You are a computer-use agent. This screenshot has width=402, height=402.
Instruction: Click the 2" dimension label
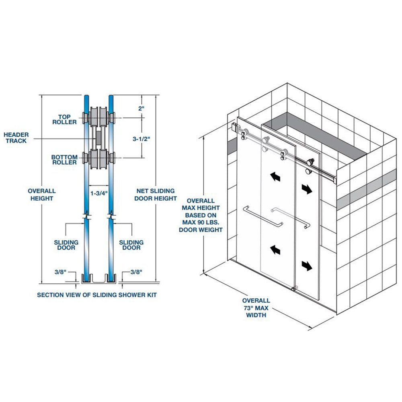(141, 108)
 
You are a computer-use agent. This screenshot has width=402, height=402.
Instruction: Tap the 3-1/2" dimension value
(141, 139)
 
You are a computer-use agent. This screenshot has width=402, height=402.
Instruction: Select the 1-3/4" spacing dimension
(99, 193)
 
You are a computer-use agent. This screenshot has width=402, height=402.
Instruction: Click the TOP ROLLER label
(64, 119)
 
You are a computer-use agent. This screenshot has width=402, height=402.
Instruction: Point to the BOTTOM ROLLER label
(64, 160)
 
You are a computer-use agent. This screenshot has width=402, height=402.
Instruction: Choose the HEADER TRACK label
(16, 137)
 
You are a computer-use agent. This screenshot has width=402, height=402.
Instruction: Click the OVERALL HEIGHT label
(42, 195)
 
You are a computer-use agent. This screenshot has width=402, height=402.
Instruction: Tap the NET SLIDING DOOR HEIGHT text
(156, 195)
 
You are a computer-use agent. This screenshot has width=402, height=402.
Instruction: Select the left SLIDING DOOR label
(66, 245)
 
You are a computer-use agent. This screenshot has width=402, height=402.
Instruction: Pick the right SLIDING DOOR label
(131, 245)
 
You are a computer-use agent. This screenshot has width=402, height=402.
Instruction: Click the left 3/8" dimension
(61, 272)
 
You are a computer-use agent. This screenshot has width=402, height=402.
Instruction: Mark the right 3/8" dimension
(136, 272)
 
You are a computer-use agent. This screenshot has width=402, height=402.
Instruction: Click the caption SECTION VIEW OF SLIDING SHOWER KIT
(96, 295)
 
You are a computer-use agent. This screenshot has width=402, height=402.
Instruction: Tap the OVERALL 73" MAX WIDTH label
(256, 308)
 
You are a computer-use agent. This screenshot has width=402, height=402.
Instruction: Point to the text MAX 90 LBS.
(201, 222)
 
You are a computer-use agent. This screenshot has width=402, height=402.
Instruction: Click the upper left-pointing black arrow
(275, 176)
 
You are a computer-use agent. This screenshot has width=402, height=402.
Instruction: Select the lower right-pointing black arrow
(307, 266)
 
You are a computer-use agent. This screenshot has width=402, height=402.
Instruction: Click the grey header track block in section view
(98, 138)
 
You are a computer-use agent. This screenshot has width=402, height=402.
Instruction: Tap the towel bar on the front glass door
(263, 217)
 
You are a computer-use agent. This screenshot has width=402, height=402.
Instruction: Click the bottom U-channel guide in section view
(99, 279)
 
